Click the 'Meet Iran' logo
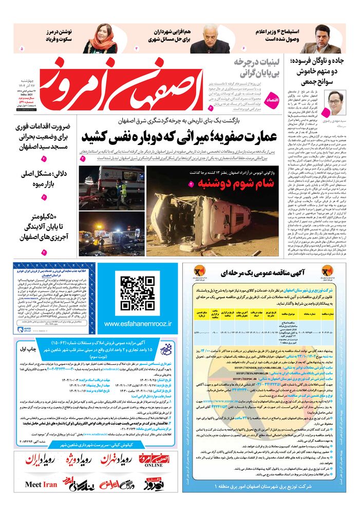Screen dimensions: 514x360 pos(41,484)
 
